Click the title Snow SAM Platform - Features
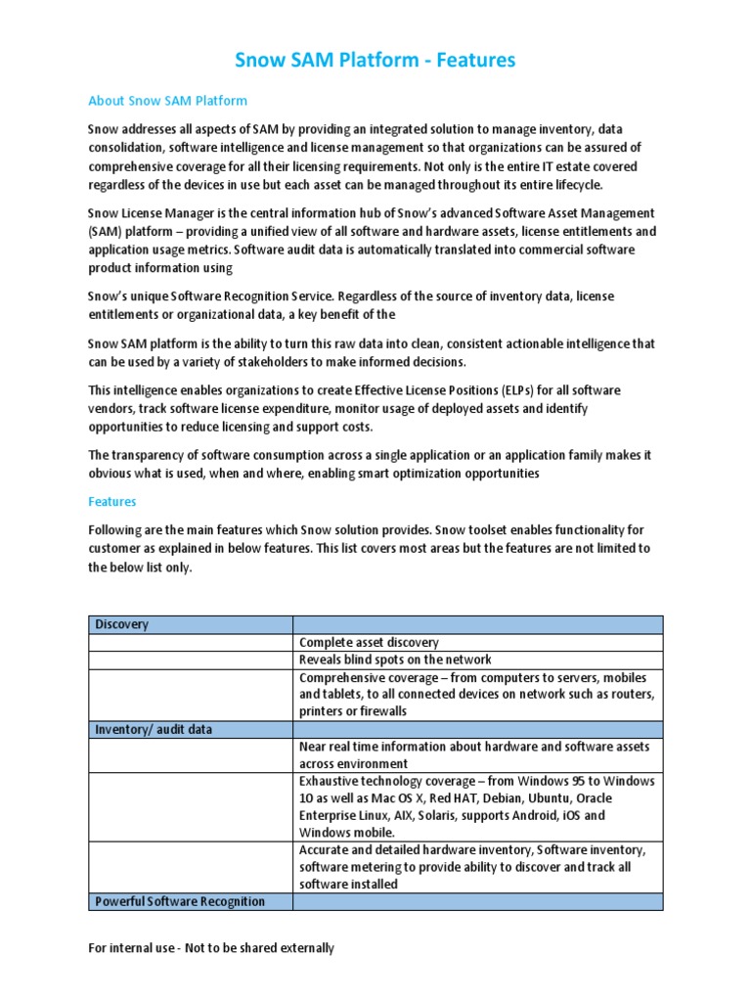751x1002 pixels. pos(375,61)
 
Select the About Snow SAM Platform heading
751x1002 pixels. pos(167,101)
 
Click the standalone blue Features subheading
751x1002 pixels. pos(112,501)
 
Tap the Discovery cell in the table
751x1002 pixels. pos(122,624)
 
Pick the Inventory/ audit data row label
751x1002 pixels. pos(154,730)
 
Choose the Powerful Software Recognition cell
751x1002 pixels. pos(180,901)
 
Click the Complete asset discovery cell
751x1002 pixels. pos(369,643)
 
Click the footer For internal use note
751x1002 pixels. pos(211,948)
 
